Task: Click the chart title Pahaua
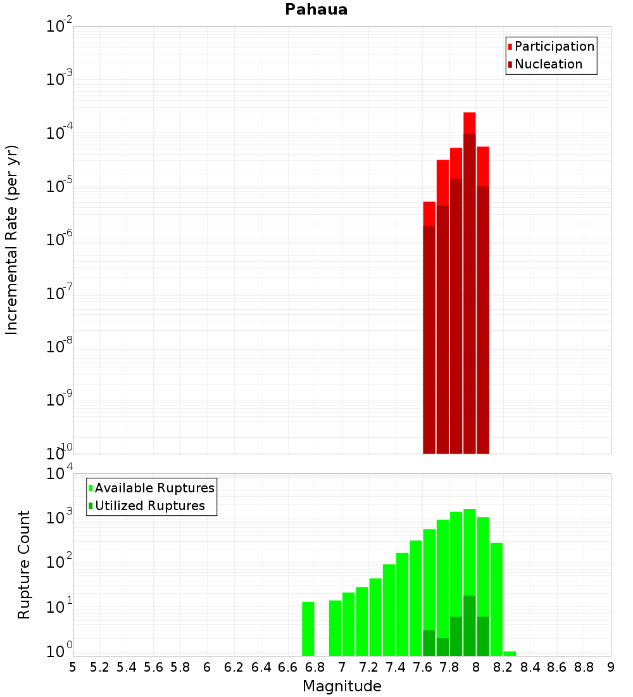[316, 10]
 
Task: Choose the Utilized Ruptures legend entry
[149, 506]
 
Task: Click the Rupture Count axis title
[24, 565]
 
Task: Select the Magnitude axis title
[342, 686]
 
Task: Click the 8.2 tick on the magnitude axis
[503, 667]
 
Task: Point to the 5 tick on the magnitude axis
[73, 667]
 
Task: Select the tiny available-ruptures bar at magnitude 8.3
[510, 653]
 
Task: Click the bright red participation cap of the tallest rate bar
[469, 123]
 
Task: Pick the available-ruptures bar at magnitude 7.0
[335, 628]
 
